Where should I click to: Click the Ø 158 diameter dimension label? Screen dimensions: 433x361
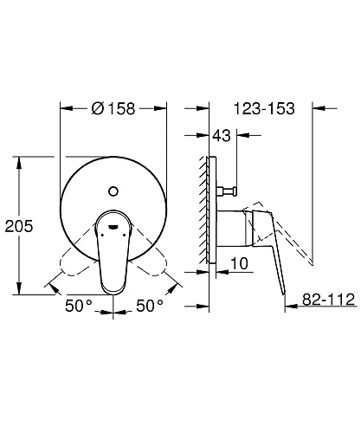pyautogui.click(x=113, y=110)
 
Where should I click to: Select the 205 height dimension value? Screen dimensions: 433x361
pyautogui.click(x=18, y=226)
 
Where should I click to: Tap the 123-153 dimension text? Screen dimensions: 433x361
pyautogui.click(x=264, y=110)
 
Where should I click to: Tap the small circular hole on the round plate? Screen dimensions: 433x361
pyautogui.click(x=113, y=189)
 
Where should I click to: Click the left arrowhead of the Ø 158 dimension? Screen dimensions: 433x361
pyautogui.click(x=61, y=108)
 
